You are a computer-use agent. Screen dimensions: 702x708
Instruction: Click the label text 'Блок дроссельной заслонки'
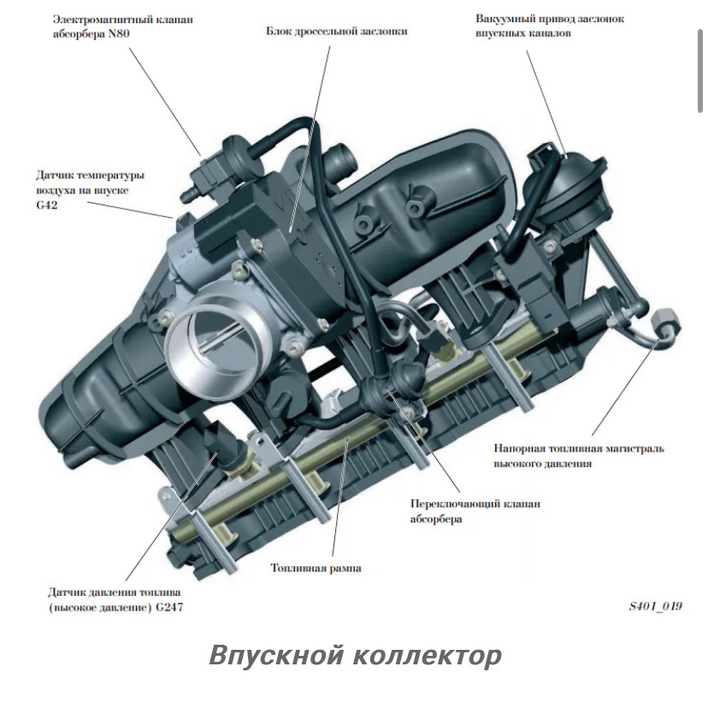(x=336, y=31)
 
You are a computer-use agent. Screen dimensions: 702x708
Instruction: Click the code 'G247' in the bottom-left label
(x=165, y=607)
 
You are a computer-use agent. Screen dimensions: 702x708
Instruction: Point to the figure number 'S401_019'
(x=655, y=606)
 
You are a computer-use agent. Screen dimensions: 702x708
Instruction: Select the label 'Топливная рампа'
(x=316, y=567)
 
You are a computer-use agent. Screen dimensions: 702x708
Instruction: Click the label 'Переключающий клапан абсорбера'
(x=475, y=511)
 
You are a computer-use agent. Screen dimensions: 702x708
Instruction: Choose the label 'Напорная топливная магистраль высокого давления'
(x=579, y=455)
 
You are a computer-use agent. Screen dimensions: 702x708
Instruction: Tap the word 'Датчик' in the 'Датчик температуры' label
(x=56, y=174)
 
